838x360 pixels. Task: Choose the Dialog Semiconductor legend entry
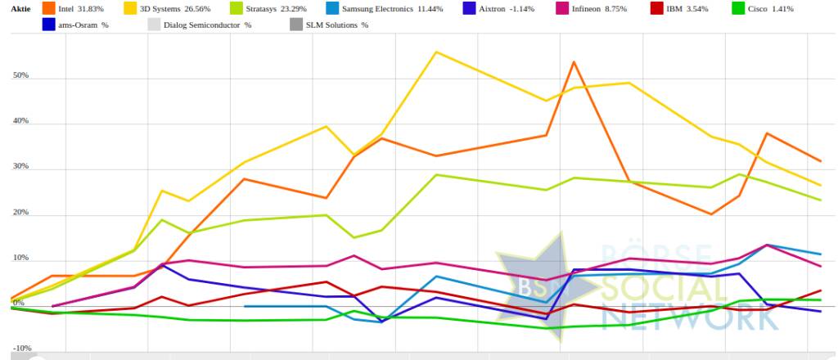[209, 25]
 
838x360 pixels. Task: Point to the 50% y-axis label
[20, 76]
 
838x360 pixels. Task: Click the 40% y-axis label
[20, 121]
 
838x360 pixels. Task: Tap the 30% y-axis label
[20, 167]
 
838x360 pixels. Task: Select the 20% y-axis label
[20, 213]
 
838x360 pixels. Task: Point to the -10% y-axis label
[20, 348]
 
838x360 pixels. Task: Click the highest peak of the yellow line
[435, 52]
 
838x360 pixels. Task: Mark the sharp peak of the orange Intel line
[574, 62]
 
